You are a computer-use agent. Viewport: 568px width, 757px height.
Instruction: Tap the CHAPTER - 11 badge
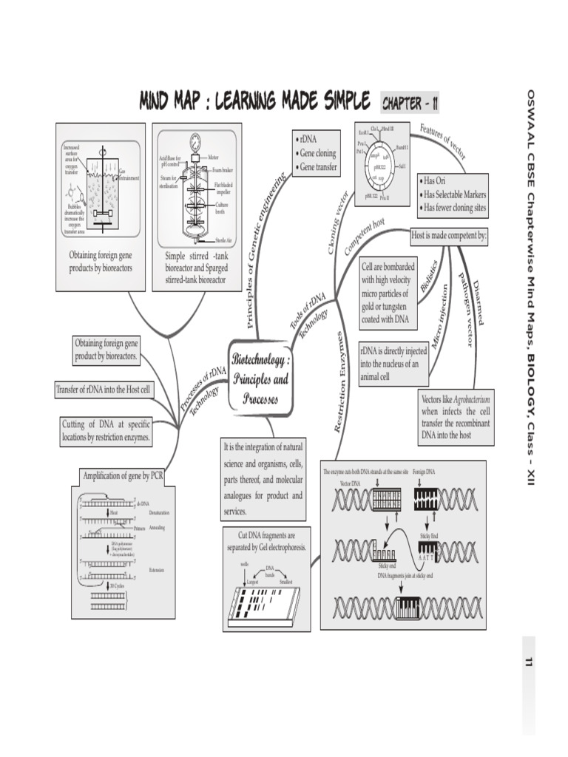click(410, 103)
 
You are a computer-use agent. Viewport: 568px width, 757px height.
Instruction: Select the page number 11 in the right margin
click(529, 662)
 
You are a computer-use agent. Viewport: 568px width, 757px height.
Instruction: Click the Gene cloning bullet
click(318, 154)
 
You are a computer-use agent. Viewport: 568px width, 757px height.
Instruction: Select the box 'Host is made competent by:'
click(449, 237)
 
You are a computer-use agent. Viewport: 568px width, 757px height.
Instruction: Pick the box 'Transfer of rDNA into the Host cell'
click(104, 390)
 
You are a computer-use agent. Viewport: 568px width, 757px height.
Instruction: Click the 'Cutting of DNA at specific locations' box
click(106, 431)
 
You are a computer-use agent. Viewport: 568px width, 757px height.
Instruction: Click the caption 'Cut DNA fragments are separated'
click(266, 541)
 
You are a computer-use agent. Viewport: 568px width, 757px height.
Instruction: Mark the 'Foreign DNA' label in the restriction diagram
click(425, 471)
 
